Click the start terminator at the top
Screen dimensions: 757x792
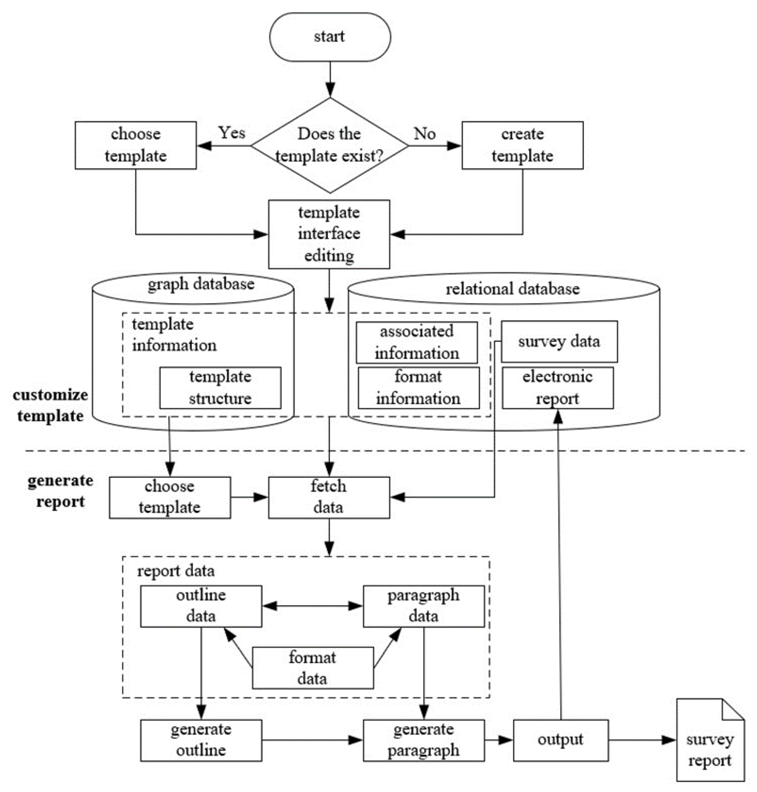click(x=330, y=37)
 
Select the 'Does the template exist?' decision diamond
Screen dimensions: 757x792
click(x=330, y=145)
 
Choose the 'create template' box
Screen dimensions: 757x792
click(x=523, y=145)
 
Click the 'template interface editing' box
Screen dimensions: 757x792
click(x=329, y=234)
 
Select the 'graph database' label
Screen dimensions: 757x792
click(x=201, y=284)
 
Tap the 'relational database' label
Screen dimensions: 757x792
click(x=512, y=289)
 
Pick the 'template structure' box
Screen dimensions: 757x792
click(x=220, y=388)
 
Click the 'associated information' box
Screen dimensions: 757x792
click(x=417, y=343)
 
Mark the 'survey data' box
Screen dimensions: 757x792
click(x=559, y=341)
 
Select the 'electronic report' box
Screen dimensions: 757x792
click(x=558, y=388)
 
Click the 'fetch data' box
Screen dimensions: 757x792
click(x=329, y=497)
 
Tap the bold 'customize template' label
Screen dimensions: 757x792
click(x=51, y=405)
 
